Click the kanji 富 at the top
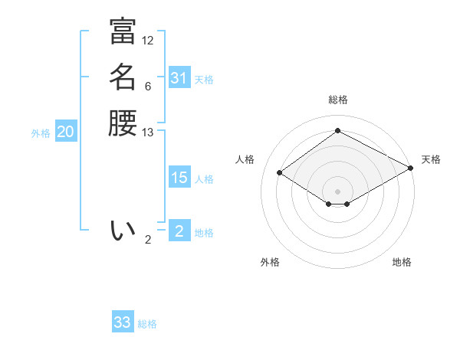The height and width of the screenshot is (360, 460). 123,31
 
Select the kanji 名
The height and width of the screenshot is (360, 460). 123,77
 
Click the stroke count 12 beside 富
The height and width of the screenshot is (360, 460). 148,41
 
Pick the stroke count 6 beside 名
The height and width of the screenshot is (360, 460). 148,87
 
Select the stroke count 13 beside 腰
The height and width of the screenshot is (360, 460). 148,133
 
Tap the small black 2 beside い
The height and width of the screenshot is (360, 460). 148,240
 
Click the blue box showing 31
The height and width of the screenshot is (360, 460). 179,78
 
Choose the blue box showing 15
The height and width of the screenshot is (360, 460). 179,178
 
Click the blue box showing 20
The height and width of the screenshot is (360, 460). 66,132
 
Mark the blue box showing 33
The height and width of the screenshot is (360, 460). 123,322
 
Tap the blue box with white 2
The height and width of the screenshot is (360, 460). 179,231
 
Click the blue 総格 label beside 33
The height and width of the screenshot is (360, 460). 147,324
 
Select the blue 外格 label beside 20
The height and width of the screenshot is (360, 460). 41,133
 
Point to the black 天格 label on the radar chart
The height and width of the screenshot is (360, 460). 431,159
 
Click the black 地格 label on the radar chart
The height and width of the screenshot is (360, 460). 402,262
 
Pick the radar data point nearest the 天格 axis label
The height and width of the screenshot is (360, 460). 411,169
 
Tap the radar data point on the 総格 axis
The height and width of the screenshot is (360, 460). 337,131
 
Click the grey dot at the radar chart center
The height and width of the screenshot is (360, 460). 337,191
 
